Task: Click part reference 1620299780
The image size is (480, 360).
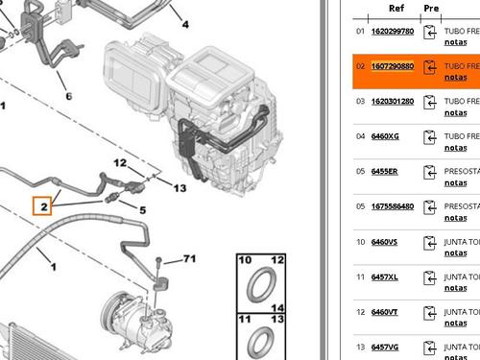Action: point(393,31)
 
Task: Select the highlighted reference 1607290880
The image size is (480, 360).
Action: point(393,66)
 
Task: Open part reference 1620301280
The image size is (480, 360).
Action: point(393,101)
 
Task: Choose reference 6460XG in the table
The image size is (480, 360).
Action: point(384,136)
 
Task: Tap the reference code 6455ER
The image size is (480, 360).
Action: point(384,171)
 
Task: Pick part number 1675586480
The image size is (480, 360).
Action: point(393,205)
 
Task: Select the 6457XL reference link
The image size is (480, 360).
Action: point(384,276)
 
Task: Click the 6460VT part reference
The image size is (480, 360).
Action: point(384,311)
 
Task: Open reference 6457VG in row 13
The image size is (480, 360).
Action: point(384,347)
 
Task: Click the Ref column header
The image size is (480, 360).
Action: point(396,8)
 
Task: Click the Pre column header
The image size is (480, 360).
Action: point(431,8)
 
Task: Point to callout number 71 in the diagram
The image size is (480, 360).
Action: point(188,259)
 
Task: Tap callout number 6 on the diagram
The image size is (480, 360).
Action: point(68,97)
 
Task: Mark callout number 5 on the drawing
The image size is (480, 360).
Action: point(141,209)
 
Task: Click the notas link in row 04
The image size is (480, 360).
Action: point(456,148)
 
